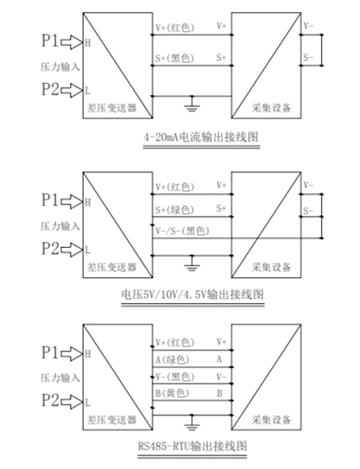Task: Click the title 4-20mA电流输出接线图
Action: (x=201, y=137)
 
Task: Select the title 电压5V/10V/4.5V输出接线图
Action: (x=193, y=295)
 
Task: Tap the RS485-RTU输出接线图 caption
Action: (x=193, y=447)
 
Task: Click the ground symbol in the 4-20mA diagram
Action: (x=192, y=104)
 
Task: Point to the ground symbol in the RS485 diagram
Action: (x=192, y=422)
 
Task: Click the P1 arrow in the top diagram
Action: (x=72, y=41)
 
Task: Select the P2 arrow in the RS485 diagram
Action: (x=72, y=402)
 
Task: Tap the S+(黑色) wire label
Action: (x=174, y=58)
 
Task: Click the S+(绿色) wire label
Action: (x=174, y=209)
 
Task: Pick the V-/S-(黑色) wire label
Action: (x=182, y=231)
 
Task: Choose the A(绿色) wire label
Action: (x=172, y=359)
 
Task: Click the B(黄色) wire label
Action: (x=172, y=393)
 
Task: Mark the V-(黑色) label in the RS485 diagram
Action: (x=175, y=377)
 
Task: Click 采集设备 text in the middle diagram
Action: (x=271, y=267)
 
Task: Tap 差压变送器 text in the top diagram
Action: (x=112, y=108)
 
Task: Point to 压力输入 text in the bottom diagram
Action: (x=60, y=378)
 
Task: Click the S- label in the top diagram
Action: (x=308, y=57)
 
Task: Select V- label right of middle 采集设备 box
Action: (x=308, y=185)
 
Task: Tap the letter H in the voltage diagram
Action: (x=87, y=202)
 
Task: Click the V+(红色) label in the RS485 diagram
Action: (x=175, y=342)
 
